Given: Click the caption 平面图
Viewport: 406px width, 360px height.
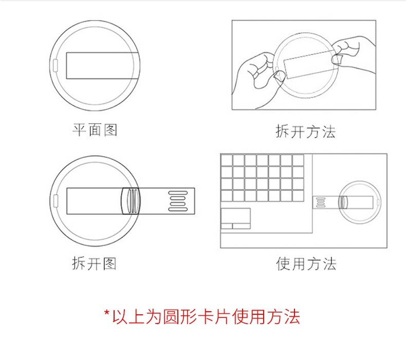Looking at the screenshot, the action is (x=95, y=129).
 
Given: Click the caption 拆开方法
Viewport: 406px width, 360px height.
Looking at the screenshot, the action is (x=306, y=131).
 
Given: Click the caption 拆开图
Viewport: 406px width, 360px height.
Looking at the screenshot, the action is (x=94, y=263).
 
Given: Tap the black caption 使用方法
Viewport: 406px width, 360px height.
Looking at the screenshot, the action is (x=306, y=264).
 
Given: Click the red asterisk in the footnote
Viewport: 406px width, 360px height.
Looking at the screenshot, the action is (x=107, y=313).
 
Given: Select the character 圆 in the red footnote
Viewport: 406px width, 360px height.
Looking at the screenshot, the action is (x=172, y=316).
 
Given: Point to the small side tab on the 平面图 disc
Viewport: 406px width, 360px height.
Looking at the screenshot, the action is (x=55, y=65).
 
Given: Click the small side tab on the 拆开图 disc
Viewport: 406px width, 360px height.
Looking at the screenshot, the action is (x=56, y=201).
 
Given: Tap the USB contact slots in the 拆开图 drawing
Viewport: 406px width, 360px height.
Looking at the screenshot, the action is (x=178, y=201).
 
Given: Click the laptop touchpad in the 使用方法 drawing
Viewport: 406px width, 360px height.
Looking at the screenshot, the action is (x=235, y=218).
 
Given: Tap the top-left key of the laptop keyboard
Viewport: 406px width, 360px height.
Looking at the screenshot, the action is (x=227, y=160).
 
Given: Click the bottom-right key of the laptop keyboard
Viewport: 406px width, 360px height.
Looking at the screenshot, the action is (x=298, y=195).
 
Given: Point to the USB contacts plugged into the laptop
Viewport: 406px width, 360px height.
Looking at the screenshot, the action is (x=321, y=202).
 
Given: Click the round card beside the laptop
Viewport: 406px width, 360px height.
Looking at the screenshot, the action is (x=360, y=202).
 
